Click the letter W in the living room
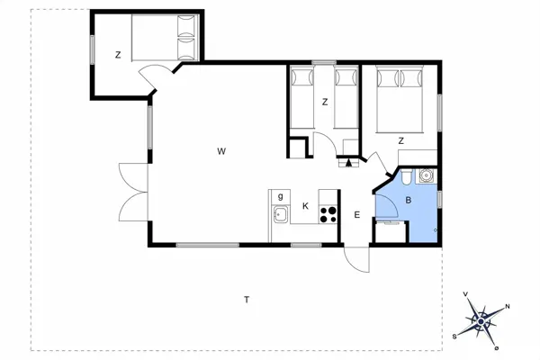coord(220,151)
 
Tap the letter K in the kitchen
coord(306,206)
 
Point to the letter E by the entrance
coord(357,214)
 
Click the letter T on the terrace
coord(246,299)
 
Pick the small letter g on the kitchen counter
coord(281,196)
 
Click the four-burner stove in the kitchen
coord(328,214)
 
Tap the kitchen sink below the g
coord(281,214)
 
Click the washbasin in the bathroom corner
coord(427,176)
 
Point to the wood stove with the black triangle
coord(347,163)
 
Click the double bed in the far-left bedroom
coord(164,38)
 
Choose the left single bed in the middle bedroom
coord(301,99)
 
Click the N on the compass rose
coord(508,307)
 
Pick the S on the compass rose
coord(454,335)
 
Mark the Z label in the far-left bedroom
coord(118,55)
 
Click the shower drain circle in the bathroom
coord(435,231)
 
